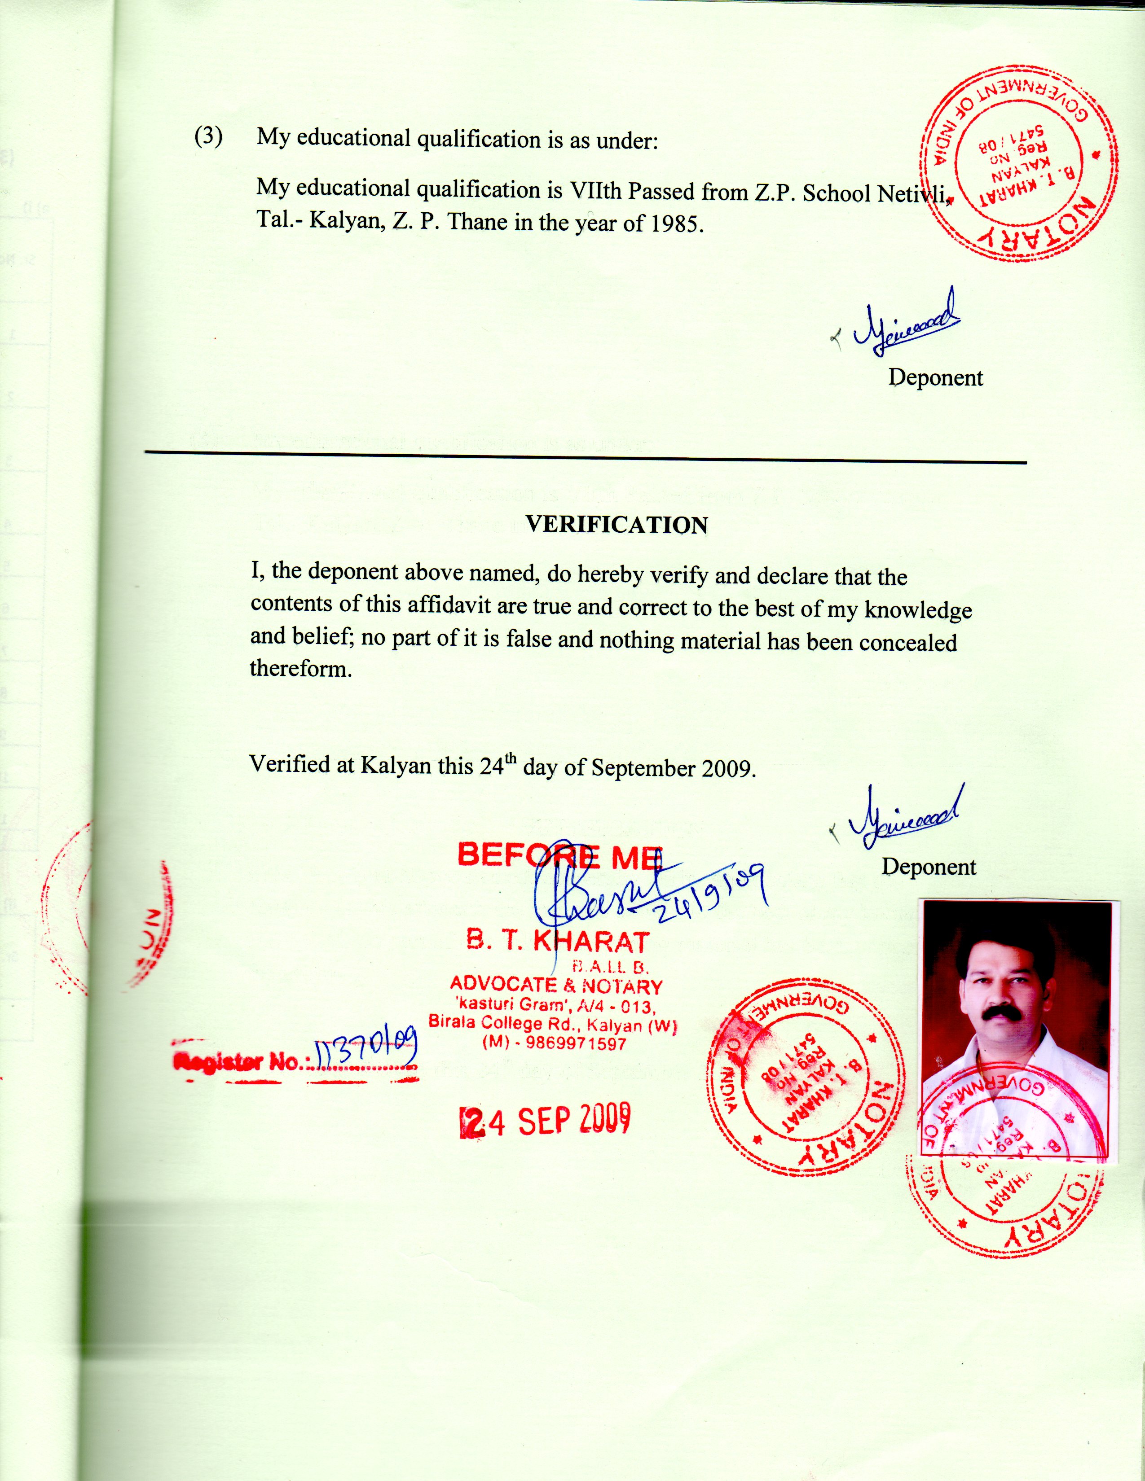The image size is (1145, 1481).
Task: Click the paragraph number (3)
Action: point(209,136)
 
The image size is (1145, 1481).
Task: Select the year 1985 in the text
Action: point(675,224)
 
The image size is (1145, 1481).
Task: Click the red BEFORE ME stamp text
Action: point(559,856)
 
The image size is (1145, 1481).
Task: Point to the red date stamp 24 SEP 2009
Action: point(546,1121)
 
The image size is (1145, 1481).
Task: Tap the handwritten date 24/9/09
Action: point(709,892)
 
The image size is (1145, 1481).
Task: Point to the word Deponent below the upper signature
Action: point(935,378)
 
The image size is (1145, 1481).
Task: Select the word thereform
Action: point(301,669)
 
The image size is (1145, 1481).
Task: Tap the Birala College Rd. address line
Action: point(553,1024)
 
